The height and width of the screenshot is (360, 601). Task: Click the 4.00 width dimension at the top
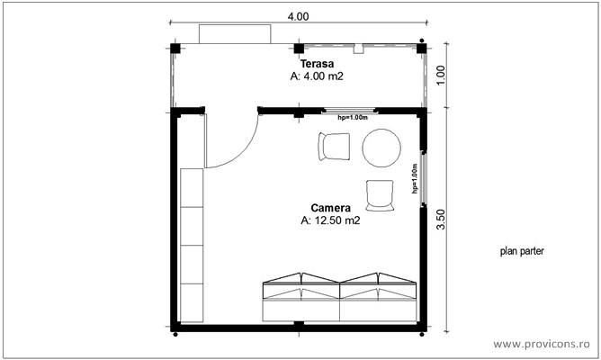(298, 16)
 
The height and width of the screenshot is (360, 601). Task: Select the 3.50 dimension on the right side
(440, 220)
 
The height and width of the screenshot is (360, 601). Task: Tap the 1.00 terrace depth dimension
(440, 73)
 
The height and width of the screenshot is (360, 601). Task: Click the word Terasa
(317, 64)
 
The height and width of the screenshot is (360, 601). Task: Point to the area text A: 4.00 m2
(317, 77)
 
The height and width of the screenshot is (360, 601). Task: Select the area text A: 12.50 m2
(330, 220)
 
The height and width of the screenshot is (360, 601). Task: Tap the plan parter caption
(522, 253)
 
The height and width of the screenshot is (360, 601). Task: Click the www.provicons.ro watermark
(544, 344)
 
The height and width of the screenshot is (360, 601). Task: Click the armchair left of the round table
(334, 147)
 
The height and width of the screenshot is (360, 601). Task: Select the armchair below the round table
(380, 194)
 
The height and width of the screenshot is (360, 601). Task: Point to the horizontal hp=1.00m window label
(353, 117)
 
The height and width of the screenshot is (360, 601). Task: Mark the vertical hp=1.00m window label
(415, 178)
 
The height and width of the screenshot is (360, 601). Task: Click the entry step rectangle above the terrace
(235, 34)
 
